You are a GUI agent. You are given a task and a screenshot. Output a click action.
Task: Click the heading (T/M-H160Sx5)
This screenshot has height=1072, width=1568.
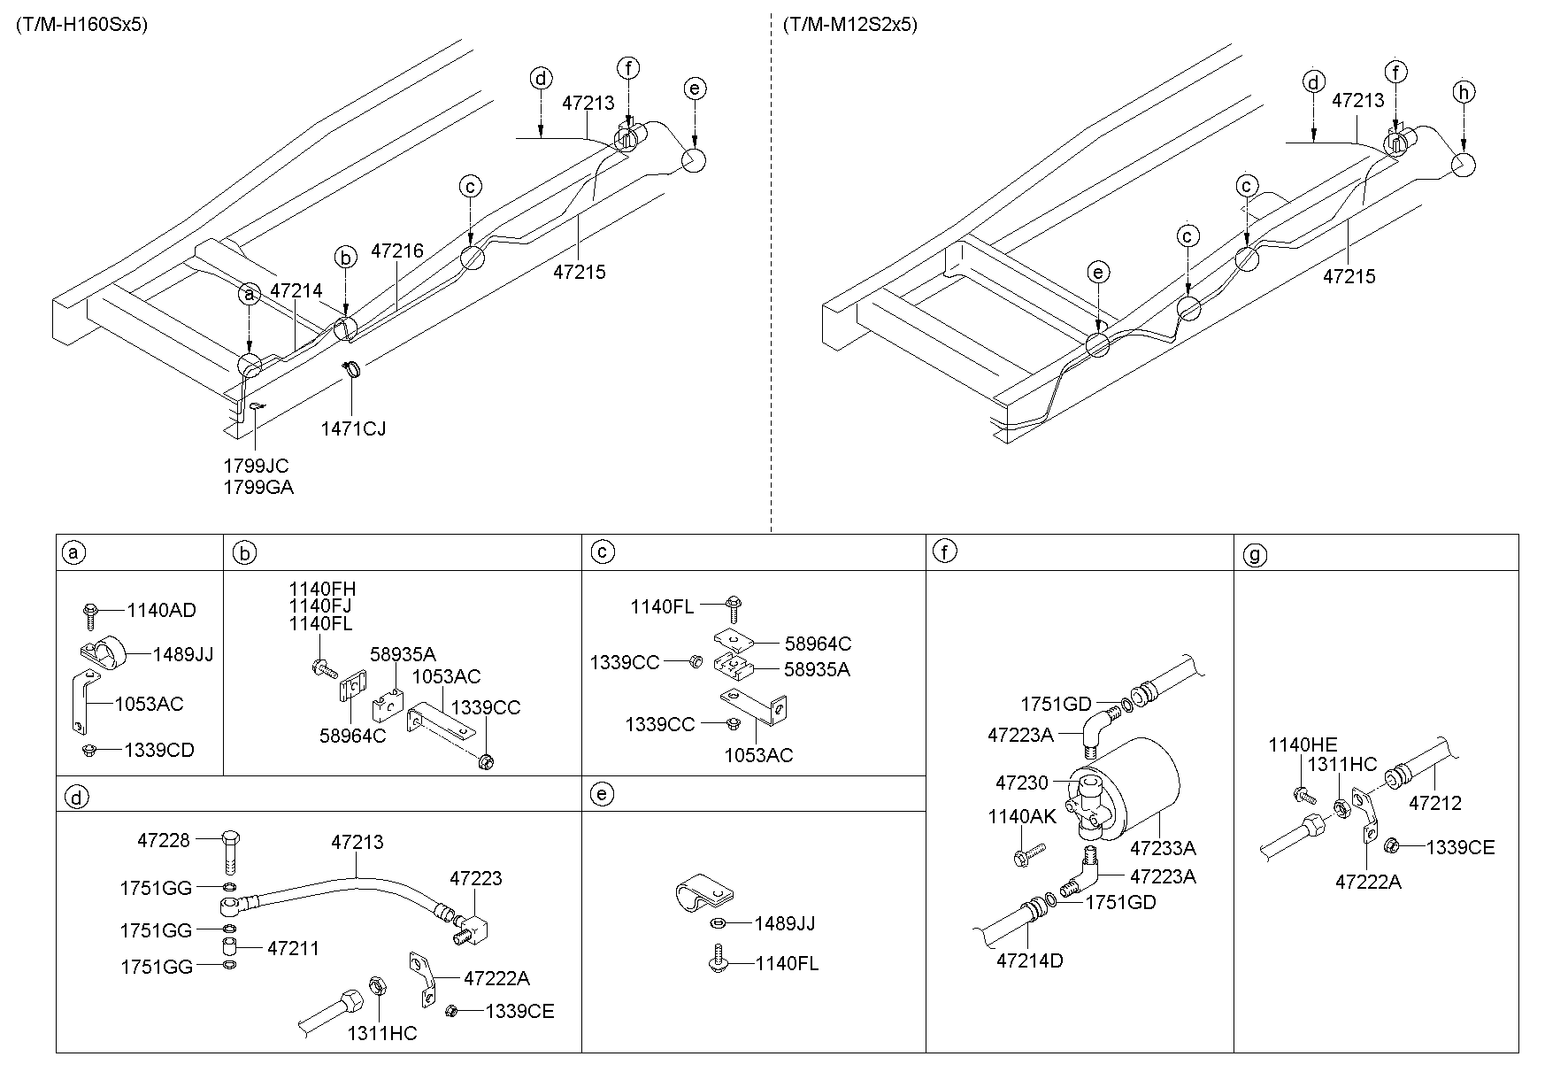tap(81, 25)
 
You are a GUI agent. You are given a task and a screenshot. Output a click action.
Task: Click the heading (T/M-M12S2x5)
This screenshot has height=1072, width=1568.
tap(849, 25)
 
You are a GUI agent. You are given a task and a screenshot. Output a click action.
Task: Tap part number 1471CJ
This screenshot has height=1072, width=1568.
tap(353, 428)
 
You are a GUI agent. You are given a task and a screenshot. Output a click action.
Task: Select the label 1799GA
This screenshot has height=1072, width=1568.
tap(258, 487)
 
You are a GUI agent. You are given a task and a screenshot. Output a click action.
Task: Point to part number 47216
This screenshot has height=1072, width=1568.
tap(397, 251)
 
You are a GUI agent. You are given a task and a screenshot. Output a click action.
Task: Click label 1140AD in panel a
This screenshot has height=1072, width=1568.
tap(161, 610)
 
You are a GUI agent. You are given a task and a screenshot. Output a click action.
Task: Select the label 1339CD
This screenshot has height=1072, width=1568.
tap(158, 750)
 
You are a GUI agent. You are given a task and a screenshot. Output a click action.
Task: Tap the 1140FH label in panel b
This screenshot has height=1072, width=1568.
tap(322, 590)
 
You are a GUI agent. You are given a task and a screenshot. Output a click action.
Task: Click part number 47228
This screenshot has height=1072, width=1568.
tap(164, 840)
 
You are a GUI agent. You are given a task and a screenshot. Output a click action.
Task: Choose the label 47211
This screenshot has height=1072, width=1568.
tap(293, 948)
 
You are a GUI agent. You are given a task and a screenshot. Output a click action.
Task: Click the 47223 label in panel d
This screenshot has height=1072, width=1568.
tap(475, 878)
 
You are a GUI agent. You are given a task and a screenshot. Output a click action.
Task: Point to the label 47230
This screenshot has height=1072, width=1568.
tap(1021, 783)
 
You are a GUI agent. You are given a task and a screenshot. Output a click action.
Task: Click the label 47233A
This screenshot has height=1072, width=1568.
tap(1163, 848)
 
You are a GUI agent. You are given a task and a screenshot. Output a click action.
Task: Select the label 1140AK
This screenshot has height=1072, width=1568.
tap(1022, 816)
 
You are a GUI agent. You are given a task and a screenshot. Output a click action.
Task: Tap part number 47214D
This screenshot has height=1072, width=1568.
tap(1030, 960)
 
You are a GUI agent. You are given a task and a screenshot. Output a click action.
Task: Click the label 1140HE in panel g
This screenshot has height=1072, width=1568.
tap(1303, 744)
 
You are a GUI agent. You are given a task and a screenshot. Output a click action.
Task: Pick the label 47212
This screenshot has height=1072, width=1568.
tap(1435, 804)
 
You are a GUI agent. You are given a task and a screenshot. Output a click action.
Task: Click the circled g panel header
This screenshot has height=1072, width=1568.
tap(1255, 554)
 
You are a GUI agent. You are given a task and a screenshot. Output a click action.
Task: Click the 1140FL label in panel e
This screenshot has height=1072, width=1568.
tap(787, 963)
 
